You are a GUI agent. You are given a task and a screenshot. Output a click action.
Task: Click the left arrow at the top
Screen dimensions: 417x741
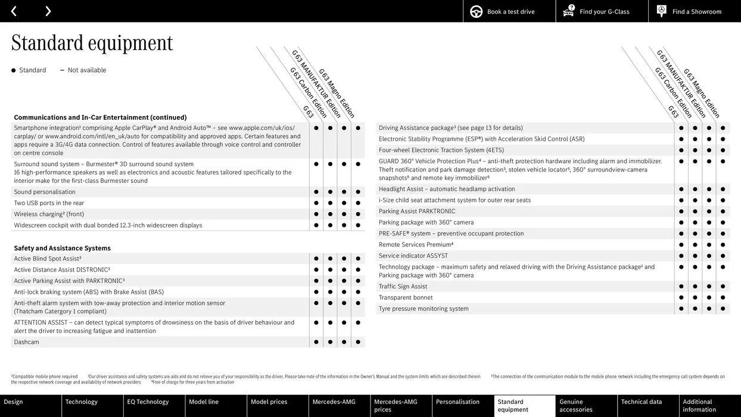pyautogui.click(x=14, y=11)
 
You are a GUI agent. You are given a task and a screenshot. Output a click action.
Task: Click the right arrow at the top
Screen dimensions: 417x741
pyautogui.click(x=48, y=11)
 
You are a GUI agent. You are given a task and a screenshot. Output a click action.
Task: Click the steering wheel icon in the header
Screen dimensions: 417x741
pyautogui.click(x=477, y=11)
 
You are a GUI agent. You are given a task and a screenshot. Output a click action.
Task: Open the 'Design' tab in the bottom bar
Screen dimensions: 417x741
pyautogui.click(x=14, y=402)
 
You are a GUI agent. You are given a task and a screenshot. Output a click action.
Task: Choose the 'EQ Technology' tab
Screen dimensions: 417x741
pyautogui.click(x=148, y=402)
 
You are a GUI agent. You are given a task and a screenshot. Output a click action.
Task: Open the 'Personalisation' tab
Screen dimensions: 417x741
pyautogui.click(x=457, y=402)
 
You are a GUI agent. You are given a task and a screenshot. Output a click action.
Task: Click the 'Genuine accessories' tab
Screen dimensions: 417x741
pyautogui.click(x=576, y=406)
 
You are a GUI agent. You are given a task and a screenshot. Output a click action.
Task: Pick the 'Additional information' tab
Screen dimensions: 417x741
pyautogui.click(x=699, y=406)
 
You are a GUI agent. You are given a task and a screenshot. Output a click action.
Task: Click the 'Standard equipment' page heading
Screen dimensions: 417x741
pyautogui.click(x=92, y=43)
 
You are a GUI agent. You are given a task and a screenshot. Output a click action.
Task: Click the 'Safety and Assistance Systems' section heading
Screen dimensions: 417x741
pyautogui.click(x=62, y=248)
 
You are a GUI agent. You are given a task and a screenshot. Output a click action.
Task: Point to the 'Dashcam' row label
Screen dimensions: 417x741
pyautogui.click(x=27, y=342)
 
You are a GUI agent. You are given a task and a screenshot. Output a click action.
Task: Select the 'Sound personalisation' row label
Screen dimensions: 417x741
pyautogui.click(x=45, y=192)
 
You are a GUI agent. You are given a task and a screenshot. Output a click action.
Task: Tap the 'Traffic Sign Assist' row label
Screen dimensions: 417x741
pyautogui.click(x=403, y=287)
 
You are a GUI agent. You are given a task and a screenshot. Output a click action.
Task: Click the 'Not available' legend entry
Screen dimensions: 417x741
pyautogui.click(x=86, y=70)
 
